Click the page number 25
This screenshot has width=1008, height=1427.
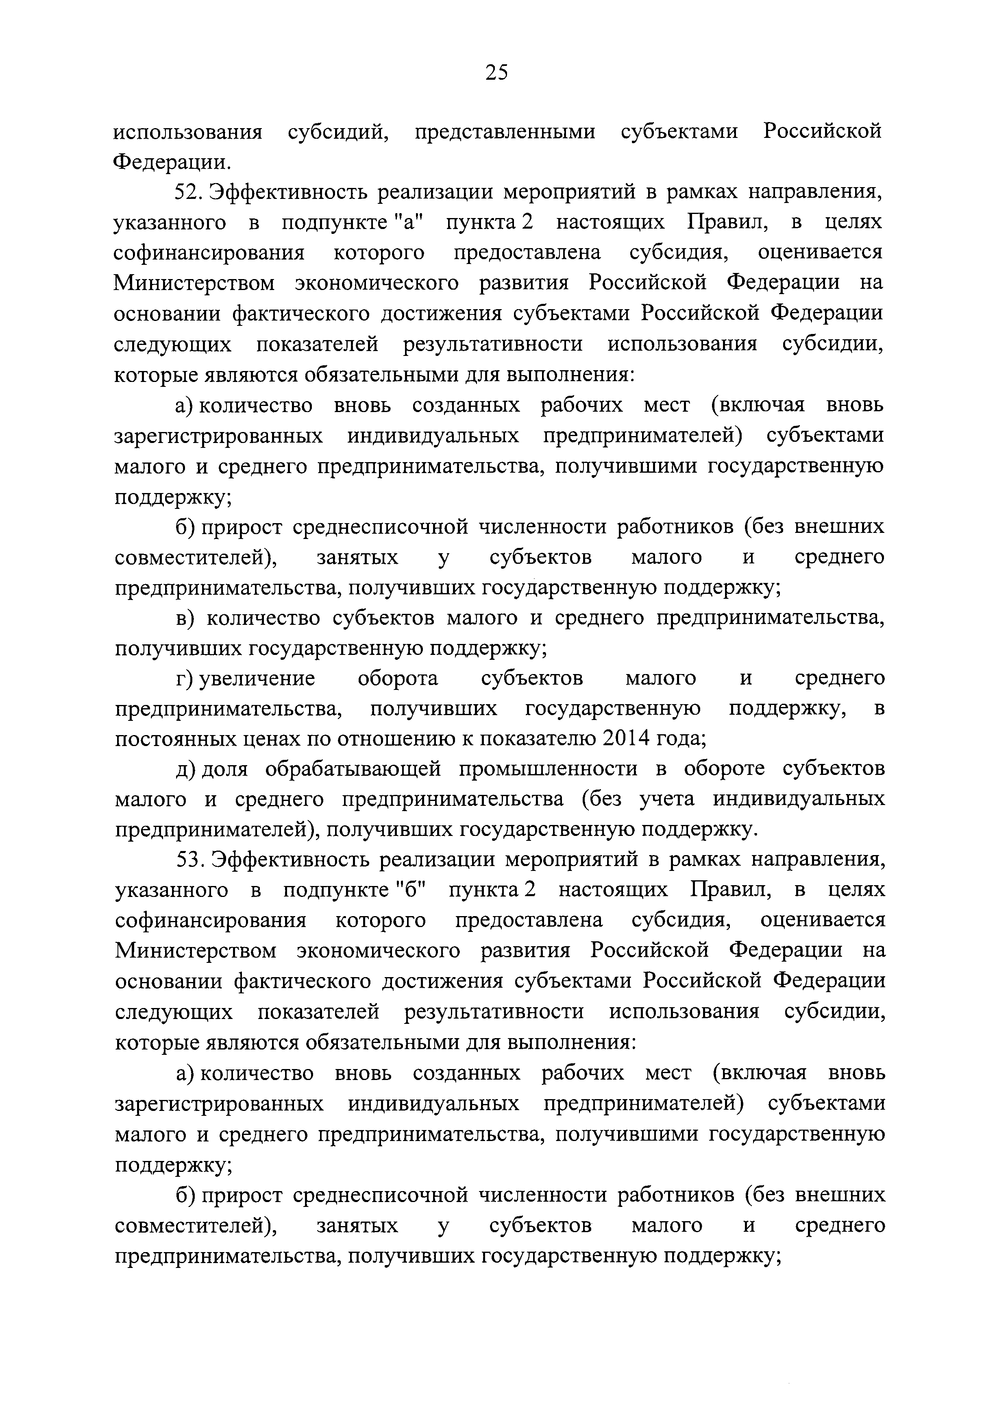pyautogui.click(x=496, y=73)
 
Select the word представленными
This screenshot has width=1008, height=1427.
pyautogui.click(x=504, y=132)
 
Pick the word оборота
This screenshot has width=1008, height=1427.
pyautogui.click(x=398, y=678)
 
